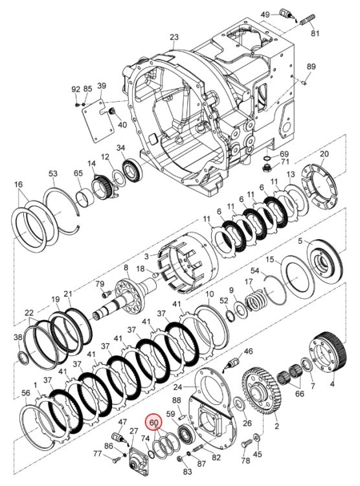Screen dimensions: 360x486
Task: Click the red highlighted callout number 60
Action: (154, 422)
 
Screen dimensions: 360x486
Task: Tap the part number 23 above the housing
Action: (174, 37)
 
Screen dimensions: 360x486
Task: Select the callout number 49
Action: (265, 14)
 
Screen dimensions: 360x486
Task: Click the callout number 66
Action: (300, 393)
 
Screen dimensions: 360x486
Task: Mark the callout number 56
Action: (26, 393)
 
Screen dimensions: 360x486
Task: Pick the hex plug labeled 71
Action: (266, 169)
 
